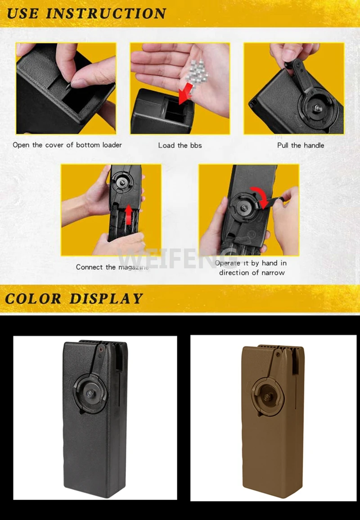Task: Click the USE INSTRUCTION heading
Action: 86,14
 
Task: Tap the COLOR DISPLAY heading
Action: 74,299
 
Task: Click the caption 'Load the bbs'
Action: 180,145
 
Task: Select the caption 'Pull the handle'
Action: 300,145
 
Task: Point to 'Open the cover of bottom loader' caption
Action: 67,145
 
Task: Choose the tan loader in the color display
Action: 273,421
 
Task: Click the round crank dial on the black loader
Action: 90,394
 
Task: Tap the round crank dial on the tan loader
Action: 268,396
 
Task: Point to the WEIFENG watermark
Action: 178,259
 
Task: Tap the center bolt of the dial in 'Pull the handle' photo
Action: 319,108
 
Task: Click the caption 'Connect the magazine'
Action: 112,267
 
